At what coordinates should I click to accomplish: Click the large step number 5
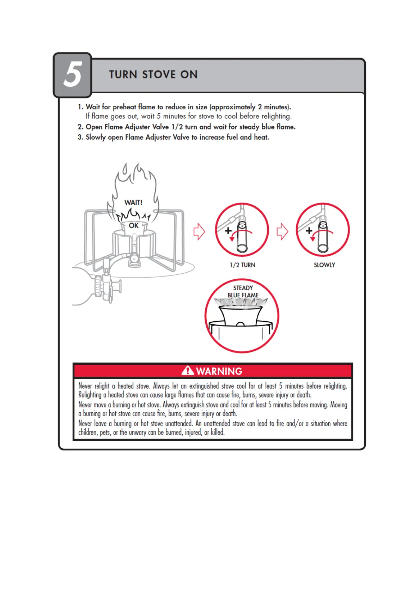click(x=73, y=74)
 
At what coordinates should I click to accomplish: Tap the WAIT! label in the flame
click(x=133, y=202)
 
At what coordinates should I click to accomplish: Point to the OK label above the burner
click(x=134, y=225)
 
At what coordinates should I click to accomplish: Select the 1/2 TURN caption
click(x=242, y=265)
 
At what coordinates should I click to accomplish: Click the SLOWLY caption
click(x=324, y=265)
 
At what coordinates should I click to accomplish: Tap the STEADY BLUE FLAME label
click(x=243, y=292)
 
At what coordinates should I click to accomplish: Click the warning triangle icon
click(x=188, y=371)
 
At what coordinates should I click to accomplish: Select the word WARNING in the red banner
click(x=219, y=371)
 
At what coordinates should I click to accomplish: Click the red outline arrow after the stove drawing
click(x=199, y=232)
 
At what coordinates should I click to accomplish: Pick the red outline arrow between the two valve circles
click(x=282, y=232)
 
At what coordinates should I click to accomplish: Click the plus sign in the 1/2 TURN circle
click(x=228, y=230)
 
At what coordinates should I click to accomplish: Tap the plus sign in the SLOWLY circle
click(x=309, y=231)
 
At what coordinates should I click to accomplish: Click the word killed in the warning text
click(x=217, y=432)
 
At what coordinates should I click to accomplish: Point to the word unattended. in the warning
click(x=179, y=423)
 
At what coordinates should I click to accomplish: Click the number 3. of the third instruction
click(x=80, y=137)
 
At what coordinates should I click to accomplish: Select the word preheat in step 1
click(x=124, y=107)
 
